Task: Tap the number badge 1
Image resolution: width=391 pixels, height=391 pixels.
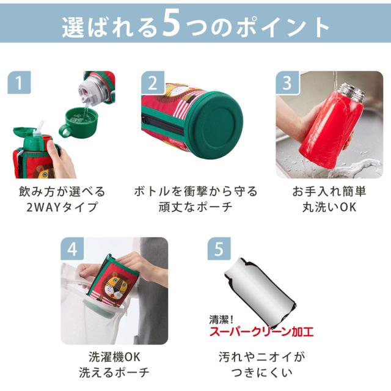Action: click(x=19, y=82)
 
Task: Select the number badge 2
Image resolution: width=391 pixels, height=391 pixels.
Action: click(x=153, y=82)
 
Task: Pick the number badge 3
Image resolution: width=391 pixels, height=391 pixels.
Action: click(x=287, y=82)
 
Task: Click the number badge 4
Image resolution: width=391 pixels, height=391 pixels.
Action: click(x=72, y=249)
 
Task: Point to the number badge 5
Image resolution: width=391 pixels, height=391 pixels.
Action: click(x=219, y=249)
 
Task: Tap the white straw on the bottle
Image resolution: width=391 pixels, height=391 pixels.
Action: click(x=40, y=126)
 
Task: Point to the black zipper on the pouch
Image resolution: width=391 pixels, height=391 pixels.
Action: click(x=163, y=124)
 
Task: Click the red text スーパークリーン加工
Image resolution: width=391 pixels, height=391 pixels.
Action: click(x=261, y=332)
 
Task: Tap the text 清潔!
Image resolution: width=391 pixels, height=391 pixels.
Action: click(x=221, y=320)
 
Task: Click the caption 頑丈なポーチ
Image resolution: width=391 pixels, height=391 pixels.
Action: click(x=195, y=207)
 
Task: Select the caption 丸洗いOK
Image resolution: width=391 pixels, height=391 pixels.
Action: click(x=329, y=207)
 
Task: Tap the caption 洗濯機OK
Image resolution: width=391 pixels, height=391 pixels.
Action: click(x=114, y=357)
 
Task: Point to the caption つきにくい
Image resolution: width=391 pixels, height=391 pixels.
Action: click(x=261, y=373)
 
